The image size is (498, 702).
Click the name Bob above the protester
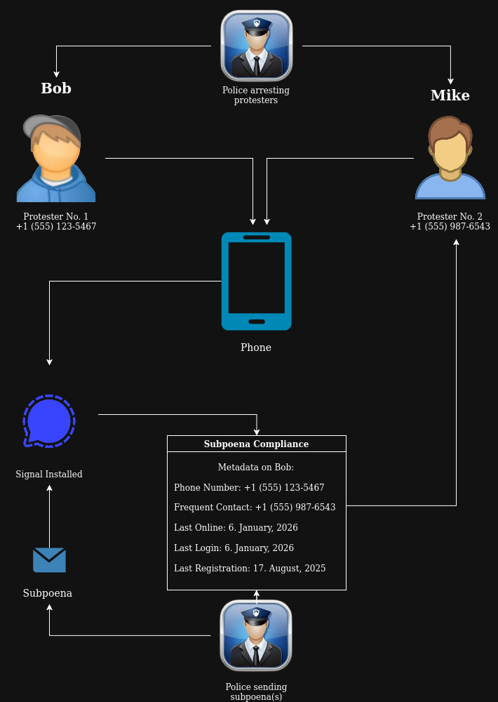click(56, 88)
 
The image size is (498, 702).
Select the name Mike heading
click(450, 95)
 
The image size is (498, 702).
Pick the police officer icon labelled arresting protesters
click(257, 46)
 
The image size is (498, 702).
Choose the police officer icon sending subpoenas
click(256, 635)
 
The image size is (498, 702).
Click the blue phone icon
click(257, 281)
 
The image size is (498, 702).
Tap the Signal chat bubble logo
click(49, 421)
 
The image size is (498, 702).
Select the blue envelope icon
click(49, 560)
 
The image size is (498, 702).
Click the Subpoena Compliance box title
click(256, 444)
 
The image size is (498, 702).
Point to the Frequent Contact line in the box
click(255, 507)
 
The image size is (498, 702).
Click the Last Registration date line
click(250, 568)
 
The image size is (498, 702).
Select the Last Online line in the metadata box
click(236, 527)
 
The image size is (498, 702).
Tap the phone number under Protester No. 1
click(56, 227)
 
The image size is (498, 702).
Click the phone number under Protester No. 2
click(450, 227)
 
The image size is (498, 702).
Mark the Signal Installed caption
click(49, 475)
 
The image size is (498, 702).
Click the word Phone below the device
click(256, 347)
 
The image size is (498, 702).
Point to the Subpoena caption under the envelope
click(48, 593)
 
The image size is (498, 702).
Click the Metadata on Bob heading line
click(256, 467)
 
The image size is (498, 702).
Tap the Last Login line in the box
click(234, 548)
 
